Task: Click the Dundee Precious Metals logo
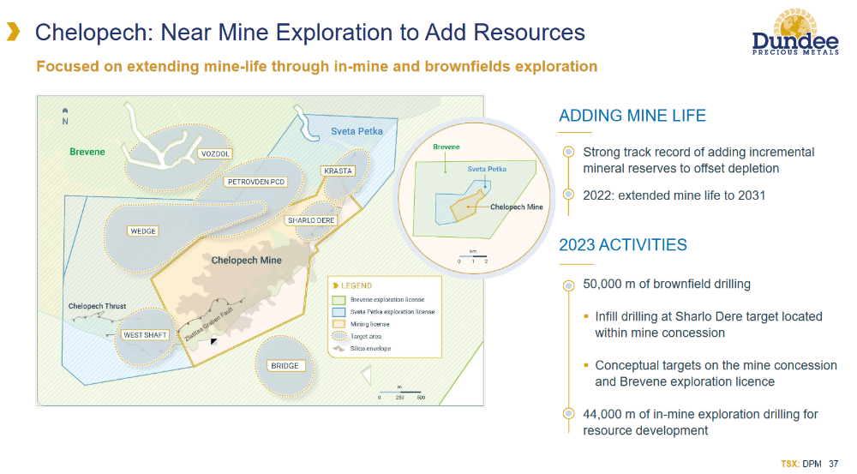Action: click(795, 33)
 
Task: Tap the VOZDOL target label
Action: click(215, 154)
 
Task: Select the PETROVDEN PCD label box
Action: click(256, 182)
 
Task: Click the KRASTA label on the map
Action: click(338, 171)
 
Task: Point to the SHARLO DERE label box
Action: click(311, 220)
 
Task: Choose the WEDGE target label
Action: click(143, 231)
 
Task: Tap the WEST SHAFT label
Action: click(145, 335)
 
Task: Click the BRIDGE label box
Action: click(285, 366)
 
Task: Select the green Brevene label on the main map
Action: click(87, 152)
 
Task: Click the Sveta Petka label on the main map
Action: click(357, 131)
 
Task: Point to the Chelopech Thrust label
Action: click(98, 306)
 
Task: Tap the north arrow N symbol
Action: click(65, 117)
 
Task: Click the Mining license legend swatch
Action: click(339, 324)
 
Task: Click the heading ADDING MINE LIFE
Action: click(632, 116)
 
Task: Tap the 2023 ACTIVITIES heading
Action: click(622, 245)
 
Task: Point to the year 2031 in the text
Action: click(752, 195)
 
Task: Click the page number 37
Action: click(834, 465)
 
